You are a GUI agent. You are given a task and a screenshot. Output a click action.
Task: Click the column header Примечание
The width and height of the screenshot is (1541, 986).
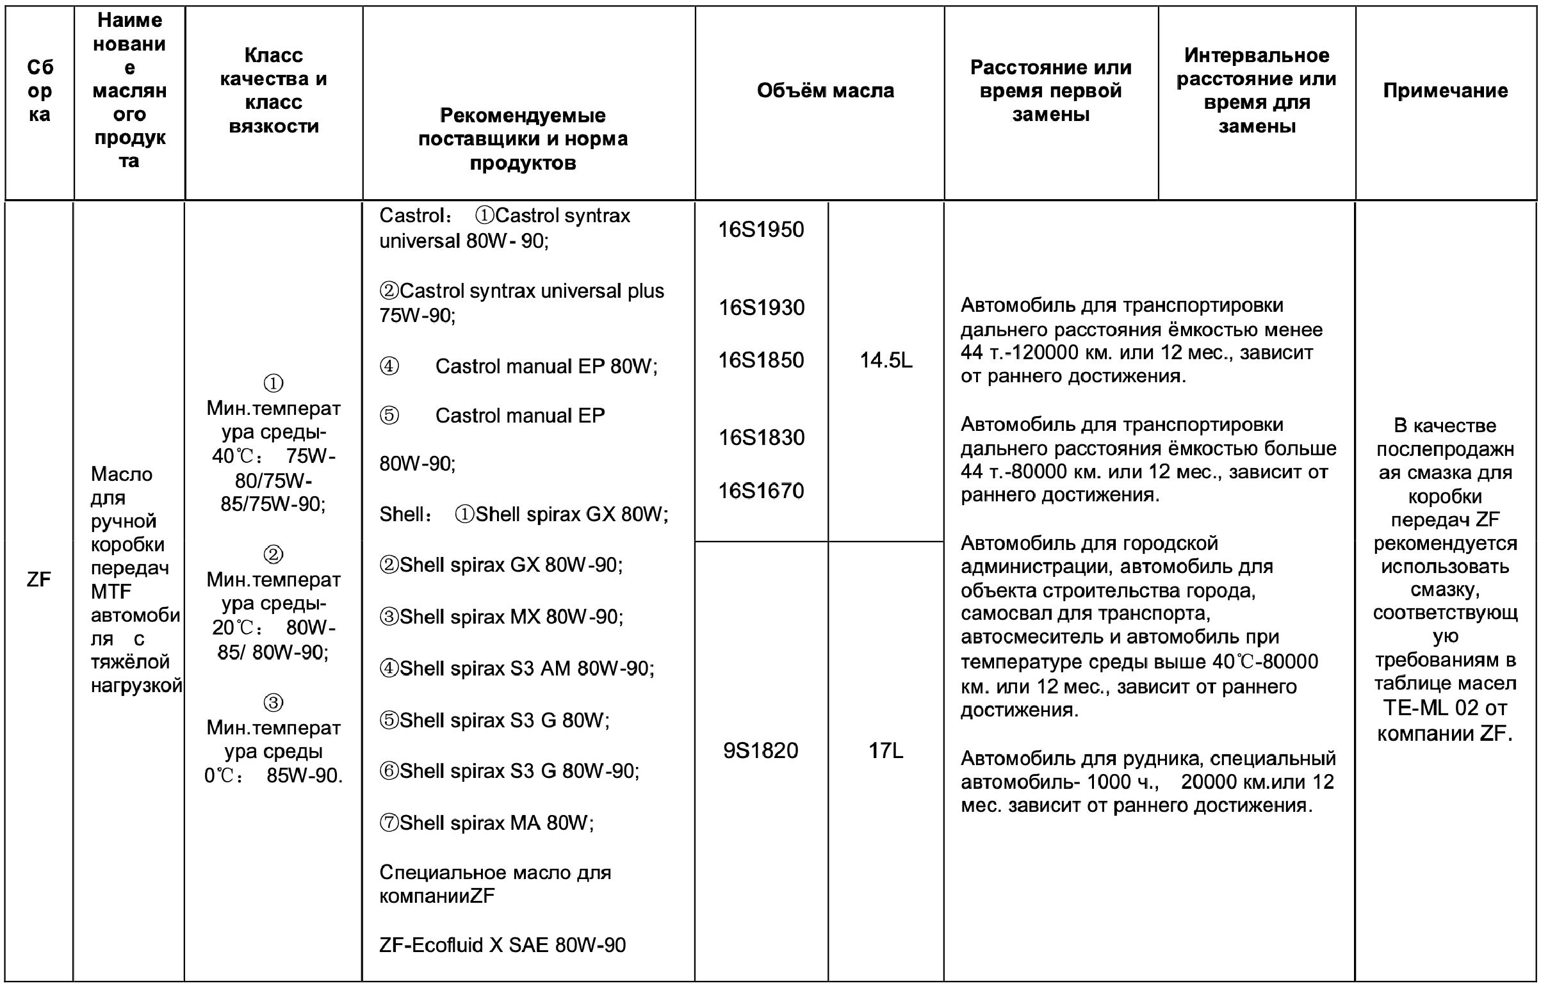[1445, 91]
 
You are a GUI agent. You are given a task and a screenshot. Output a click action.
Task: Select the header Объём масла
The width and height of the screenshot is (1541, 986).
[825, 91]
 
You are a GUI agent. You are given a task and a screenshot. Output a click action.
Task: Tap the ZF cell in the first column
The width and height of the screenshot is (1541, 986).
[39, 579]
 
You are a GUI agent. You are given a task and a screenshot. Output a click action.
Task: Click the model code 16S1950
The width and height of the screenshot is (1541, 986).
[761, 230]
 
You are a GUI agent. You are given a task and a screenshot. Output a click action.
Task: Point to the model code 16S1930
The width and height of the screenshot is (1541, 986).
[761, 308]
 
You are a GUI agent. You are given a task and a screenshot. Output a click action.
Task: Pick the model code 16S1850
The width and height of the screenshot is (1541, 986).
[761, 360]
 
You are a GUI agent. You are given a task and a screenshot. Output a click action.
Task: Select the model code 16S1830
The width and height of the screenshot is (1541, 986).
[761, 438]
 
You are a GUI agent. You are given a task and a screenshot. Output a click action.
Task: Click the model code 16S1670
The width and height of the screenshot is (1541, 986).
[761, 491]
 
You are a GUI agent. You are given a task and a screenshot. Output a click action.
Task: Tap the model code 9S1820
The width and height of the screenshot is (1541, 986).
[761, 750]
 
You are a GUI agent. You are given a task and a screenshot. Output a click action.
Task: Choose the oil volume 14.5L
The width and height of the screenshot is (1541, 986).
[886, 360]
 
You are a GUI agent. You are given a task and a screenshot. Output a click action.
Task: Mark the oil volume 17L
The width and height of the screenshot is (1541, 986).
[886, 750]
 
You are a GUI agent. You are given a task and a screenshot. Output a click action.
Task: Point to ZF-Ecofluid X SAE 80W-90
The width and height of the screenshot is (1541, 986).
[502, 945]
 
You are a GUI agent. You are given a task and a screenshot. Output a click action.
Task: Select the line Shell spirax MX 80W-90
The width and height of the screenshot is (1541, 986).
[510, 617]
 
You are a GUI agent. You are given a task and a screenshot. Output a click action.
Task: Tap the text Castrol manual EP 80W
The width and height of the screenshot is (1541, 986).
[546, 366]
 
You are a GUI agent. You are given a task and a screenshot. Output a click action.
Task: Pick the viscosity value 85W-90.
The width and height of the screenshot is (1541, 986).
[304, 776]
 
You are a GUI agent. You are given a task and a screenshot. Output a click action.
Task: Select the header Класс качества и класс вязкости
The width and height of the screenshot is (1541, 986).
[273, 91]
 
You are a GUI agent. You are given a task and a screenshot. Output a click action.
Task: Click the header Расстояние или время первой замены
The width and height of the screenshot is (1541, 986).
[1050, 91]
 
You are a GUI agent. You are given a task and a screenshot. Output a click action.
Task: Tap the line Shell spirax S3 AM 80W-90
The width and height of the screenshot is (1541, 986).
[526, 668]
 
